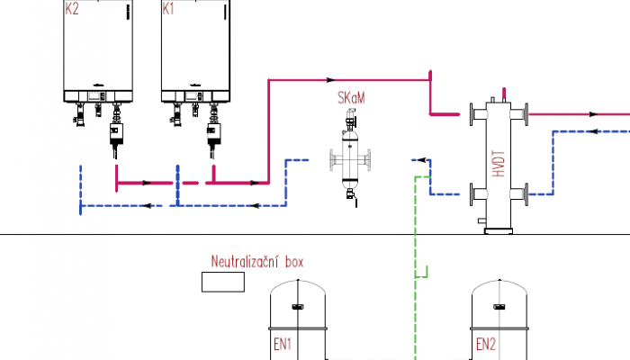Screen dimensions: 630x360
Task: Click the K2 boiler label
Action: click(72, 9)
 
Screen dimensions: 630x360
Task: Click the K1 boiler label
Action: click(168, 9)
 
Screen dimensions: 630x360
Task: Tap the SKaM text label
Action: click(351, 98)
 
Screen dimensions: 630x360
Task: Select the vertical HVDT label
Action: click(499, 164)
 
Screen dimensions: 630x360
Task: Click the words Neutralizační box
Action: click(257, 262)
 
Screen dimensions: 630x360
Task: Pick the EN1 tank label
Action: click(283, 345)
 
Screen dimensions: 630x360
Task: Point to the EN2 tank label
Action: click(486, 345)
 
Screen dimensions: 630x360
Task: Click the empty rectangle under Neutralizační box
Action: click(223, 282)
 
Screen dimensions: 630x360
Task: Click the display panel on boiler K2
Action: click(96, 96)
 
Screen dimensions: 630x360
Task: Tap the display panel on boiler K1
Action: click(193, 96)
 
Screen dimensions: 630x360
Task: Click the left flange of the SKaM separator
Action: click(332, 160)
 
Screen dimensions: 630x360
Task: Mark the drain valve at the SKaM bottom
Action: click(352, 195)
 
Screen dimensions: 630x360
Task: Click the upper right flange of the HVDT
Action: click(526, 114)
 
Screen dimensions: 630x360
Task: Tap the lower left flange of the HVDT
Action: click(472, 194)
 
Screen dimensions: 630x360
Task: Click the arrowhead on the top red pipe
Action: click(330, 80)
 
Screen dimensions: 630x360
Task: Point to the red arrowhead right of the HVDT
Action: click(593, 114)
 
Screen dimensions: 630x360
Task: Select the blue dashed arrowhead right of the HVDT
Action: click(593, 131)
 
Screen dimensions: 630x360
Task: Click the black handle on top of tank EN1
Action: click(298, 307)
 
